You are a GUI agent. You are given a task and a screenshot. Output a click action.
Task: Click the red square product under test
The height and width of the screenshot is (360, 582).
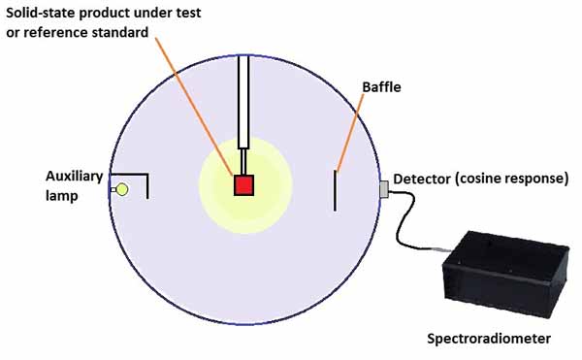click(x=242, y=184)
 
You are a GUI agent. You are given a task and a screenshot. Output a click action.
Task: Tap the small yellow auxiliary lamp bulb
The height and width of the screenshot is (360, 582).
click(x=122, y=188)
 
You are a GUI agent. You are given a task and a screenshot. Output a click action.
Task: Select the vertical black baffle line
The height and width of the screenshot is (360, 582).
click(x=336, y=189)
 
